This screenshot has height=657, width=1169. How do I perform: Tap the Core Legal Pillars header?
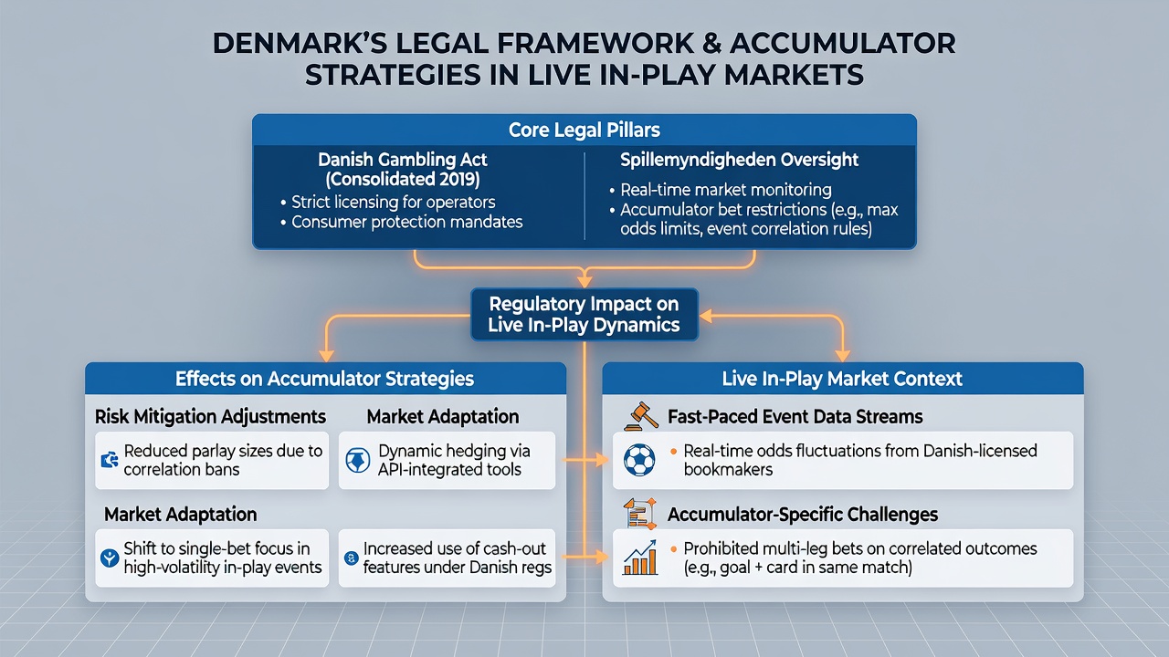click(584, 130)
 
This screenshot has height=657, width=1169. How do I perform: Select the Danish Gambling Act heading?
click(403, 169)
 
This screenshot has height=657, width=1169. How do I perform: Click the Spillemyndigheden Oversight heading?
click(739, 160)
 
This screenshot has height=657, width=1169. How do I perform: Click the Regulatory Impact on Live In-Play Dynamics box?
click(584, 315)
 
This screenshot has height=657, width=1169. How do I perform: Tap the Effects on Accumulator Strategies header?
click(325, 379)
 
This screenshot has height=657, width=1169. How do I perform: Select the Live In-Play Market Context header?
click(842, 379)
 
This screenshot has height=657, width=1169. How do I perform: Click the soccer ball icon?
click(639, 460)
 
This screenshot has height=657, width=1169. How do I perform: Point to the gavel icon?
click(640, 416)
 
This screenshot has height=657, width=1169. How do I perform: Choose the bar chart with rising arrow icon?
click(640, 558)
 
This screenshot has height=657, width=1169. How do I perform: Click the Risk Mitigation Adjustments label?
click(210, 417)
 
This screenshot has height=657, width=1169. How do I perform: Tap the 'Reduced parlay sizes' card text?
click(223, 460)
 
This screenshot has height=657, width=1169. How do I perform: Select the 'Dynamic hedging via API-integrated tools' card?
click(447, 460)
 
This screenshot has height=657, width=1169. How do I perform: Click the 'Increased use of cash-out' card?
click(447, 558)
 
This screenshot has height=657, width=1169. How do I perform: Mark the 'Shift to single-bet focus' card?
click(212, 558)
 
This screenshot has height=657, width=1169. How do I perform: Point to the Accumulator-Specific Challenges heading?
click(803, 515)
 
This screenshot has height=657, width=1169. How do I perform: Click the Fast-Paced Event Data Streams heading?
click(795, 417)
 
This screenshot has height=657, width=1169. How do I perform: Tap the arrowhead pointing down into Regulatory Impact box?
click(584, 280)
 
